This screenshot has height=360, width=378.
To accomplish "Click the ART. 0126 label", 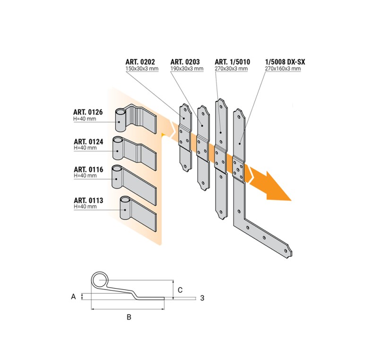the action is (x=88, y=112).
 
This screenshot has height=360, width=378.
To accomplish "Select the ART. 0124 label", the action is (x=88, y=141).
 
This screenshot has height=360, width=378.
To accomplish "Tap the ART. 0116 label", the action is (x=88, y=169).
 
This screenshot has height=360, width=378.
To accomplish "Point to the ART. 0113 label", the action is (x=88, y=200).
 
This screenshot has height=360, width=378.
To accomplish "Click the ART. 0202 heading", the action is (x=140, y=62).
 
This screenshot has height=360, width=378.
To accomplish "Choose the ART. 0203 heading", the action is (x=185, y=62).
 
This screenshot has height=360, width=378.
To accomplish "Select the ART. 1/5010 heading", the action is (x=232, y=62).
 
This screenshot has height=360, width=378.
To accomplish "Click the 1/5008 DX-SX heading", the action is (x=285, y=62).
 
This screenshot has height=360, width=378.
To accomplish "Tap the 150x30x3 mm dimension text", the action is (x=142, y=69).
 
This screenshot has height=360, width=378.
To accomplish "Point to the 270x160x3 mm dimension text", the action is (x=283, y=69).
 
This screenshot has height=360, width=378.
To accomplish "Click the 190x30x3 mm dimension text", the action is (x=187, y=69).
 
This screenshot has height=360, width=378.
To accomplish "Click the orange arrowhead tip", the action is (x=292, y=200).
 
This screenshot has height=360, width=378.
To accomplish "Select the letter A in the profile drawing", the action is (x=74, y=297).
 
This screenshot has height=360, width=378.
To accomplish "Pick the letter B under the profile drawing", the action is (x=129, y=317).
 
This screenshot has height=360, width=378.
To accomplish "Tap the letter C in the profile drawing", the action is (x=180, y=290).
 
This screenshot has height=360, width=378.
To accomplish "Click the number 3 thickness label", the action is (x=202, y=298).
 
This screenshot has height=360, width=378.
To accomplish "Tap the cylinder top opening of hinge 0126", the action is (x=121, y=112).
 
